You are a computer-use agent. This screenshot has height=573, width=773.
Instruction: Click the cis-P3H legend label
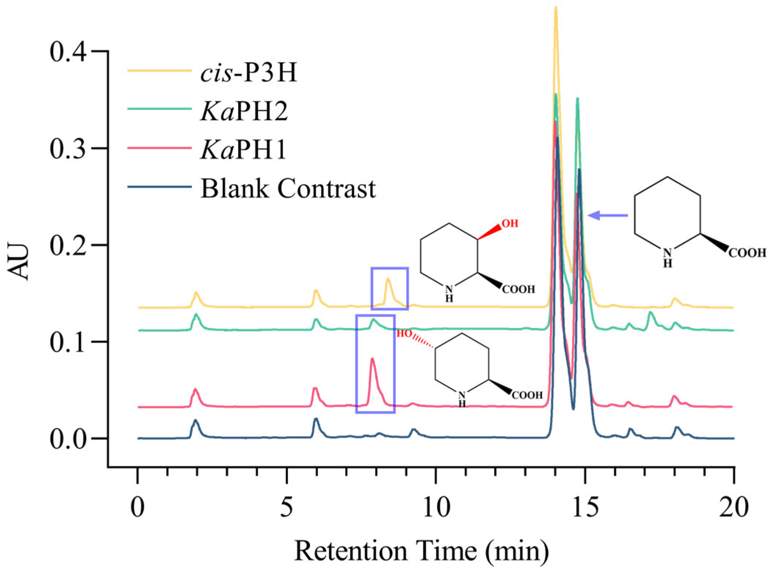[248, 72]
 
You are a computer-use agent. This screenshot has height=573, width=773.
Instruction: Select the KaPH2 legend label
[244, 111]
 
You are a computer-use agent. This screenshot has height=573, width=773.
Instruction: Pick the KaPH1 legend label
[243, 150]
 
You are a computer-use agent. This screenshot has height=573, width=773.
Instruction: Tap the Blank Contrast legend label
[288, 189]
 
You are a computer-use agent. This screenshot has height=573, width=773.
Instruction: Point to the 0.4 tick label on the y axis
[68, 51]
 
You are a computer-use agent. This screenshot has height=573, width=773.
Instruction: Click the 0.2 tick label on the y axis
[68, 245]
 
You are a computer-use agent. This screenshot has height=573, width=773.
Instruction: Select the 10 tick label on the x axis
[436, 508]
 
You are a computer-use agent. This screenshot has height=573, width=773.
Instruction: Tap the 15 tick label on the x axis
[585, 508]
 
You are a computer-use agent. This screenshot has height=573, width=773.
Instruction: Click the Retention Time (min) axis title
[422, 551]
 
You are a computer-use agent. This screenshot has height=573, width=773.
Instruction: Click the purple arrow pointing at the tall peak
[607, 215]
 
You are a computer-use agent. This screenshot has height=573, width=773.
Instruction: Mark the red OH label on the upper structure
[510, 223]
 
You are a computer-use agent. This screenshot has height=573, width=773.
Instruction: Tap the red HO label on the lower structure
[404, 334]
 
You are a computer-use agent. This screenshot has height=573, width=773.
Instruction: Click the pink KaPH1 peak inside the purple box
[372, 360]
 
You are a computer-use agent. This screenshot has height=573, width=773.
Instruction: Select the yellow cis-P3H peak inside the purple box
[388, 280]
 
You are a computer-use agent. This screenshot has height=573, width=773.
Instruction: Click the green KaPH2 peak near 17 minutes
[650, 313]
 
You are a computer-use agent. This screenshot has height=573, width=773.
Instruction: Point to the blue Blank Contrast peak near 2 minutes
[196, 421]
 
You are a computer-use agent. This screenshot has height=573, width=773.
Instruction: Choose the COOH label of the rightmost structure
[747, 253]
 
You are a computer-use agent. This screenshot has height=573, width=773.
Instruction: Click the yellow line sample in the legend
[160, 70]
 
